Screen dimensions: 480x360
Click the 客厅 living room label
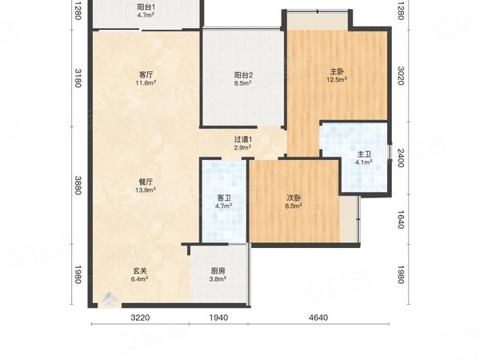146,74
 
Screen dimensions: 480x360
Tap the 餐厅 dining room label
146,182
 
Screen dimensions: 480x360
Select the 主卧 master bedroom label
337,72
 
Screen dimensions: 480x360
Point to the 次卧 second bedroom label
294,198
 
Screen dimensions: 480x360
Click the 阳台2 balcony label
243,75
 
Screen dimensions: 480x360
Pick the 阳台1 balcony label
146,7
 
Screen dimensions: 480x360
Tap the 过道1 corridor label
243,139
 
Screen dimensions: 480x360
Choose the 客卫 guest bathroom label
224,198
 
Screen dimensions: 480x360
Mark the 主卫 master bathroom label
364,154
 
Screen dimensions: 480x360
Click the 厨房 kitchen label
218,271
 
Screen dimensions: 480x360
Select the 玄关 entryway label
140,271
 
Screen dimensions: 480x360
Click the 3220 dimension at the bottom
140,318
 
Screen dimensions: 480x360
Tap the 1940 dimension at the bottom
218,318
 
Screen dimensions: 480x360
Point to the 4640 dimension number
318,318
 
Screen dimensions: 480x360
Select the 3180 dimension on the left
78,78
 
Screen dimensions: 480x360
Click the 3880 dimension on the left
78,186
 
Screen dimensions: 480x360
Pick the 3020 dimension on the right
401,76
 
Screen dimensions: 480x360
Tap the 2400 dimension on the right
401,158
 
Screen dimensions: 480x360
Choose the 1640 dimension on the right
401,219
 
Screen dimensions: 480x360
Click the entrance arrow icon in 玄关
110,299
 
